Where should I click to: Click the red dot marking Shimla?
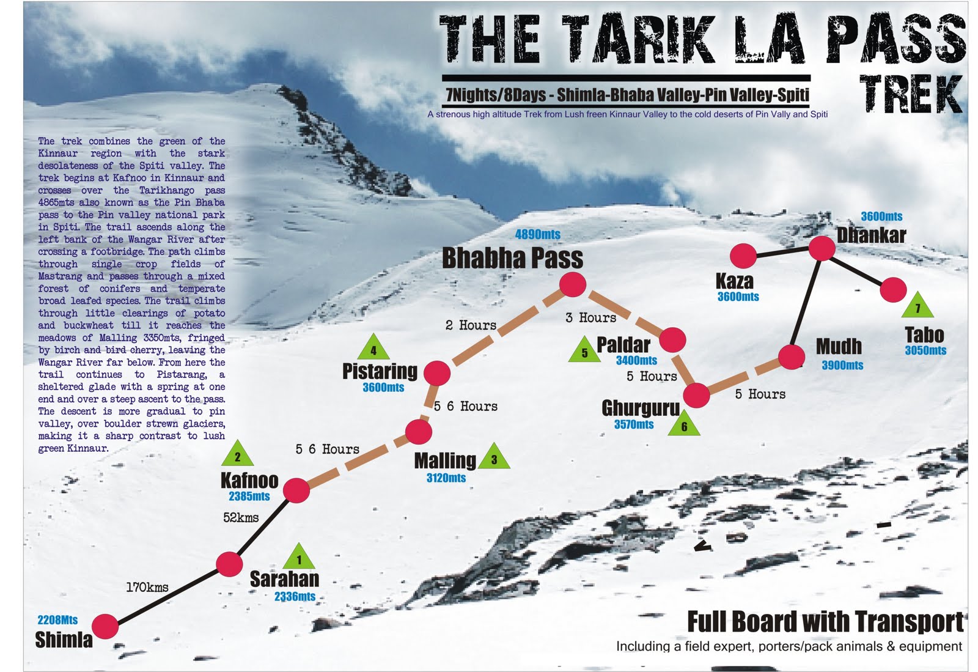coord(105,627)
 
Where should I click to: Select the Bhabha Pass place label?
coord(512,258)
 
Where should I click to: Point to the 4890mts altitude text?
coord(537,234)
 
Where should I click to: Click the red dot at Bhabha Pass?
coord(573,284)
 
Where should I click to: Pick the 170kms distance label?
coord(147,587)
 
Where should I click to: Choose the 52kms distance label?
coord(241,517)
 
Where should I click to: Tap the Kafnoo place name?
coord(249,481)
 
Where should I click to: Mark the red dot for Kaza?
coord(744,256)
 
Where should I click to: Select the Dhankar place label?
coord(871,235)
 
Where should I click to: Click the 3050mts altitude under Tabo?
coord(925,350)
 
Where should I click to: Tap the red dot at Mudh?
coord(792,357)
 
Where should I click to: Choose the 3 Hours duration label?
coord(591,317)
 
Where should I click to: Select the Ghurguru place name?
coord(641,408)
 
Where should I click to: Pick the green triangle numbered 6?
coord(684,424)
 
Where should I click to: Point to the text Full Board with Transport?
coord(825,621)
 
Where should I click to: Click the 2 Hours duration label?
coord(471,325)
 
